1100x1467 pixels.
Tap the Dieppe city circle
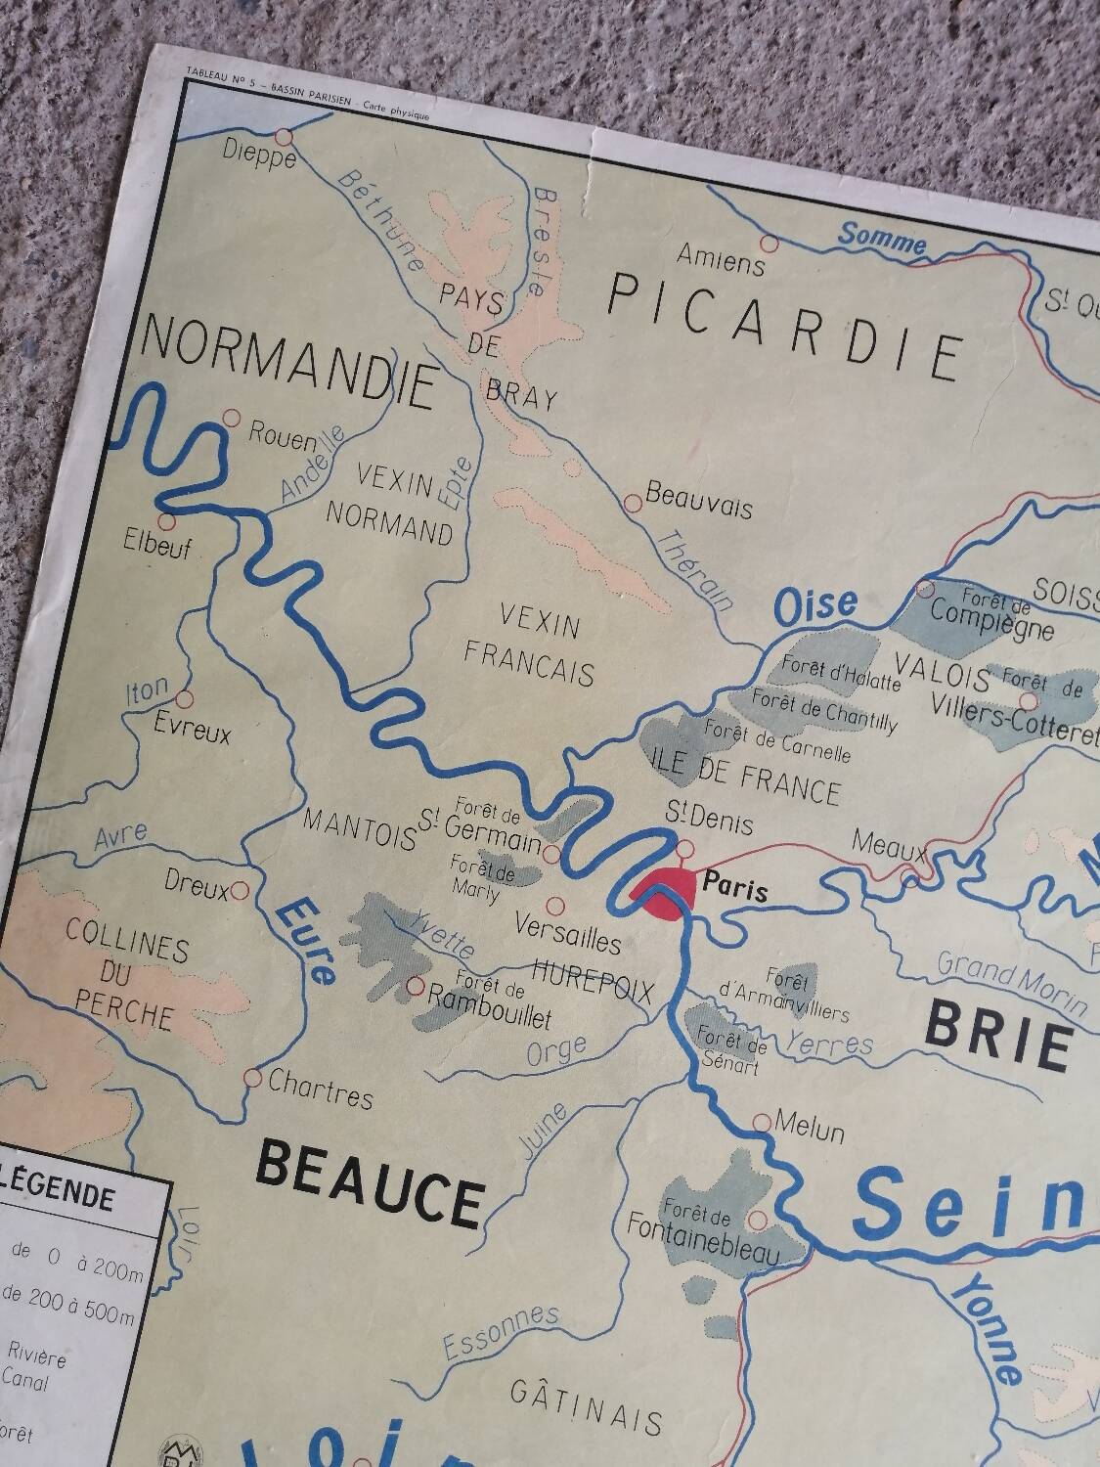(x=285, y=137)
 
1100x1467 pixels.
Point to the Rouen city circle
(x=232, y=418)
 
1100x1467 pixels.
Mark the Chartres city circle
(x=252, y=1078)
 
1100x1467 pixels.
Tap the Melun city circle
(x=762, y=1123)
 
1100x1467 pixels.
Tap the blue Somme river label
(x=882, y=238)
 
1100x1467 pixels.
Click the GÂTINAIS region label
(x=587, y=1408)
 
